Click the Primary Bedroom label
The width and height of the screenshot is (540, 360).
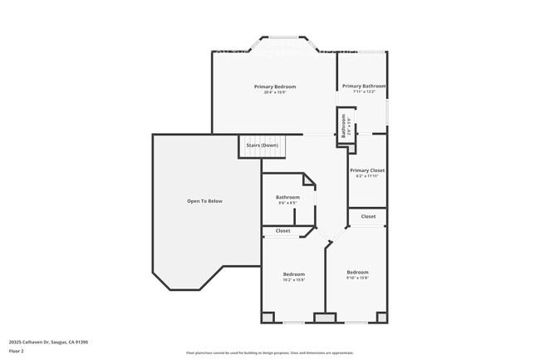click(x=274, y=86)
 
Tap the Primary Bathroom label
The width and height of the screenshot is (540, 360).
click(x=364, y=86)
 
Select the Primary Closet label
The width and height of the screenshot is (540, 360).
click(x=367, y=170)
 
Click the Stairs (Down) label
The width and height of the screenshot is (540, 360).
click(x=263, y=145)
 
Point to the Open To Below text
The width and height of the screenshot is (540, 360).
click(x=204, y=201)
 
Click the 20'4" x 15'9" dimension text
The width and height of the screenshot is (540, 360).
click(x=274, y=92)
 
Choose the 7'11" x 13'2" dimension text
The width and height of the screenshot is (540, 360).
click(x=364, y=92)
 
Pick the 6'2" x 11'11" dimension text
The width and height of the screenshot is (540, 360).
click(x=367, y=176)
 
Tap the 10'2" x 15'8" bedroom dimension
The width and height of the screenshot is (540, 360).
click(x=294, y=280)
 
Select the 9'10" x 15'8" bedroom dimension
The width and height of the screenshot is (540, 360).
click(x=357, y=278)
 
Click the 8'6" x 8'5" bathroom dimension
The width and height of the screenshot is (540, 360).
click(x=287, y=203)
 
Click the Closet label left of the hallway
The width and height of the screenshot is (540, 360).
click(x=282, y=230)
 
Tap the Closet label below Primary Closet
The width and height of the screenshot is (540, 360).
click(x=368, y=216)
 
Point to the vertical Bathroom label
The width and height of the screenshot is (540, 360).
click(x=343, y=126)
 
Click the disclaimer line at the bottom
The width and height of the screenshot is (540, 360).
click(x=269, y=353)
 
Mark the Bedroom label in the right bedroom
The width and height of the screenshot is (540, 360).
click(x=357, y=272)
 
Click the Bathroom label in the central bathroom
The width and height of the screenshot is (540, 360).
click(x=287, y=197)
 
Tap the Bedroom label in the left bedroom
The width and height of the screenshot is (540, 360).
click(x=294, y=274)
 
